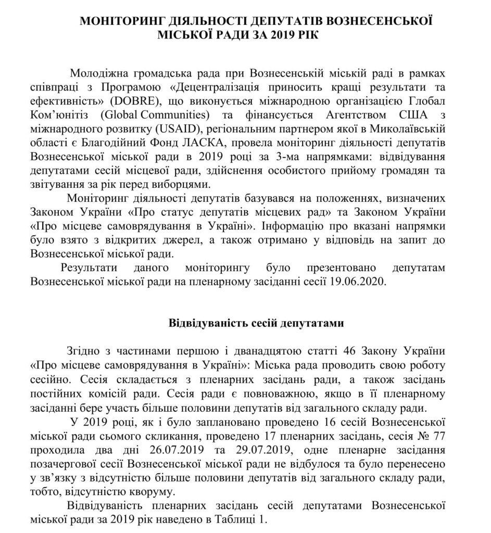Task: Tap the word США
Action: (418, 113)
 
